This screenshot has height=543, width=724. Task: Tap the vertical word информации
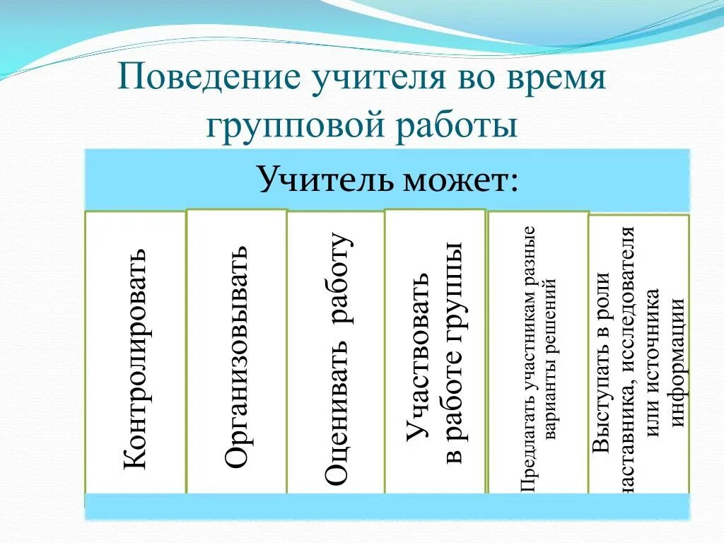point(677,362)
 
